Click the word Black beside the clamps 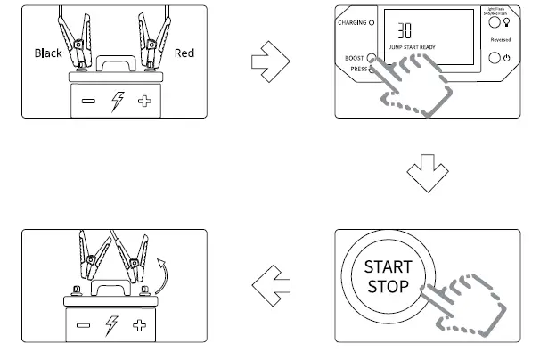point(48,53)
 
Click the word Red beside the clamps point(184,53)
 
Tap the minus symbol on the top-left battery point(88,102)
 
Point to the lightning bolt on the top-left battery point(116,102)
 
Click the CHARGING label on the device point(356,22)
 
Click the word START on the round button point(388,266)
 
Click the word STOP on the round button point(388,286)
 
